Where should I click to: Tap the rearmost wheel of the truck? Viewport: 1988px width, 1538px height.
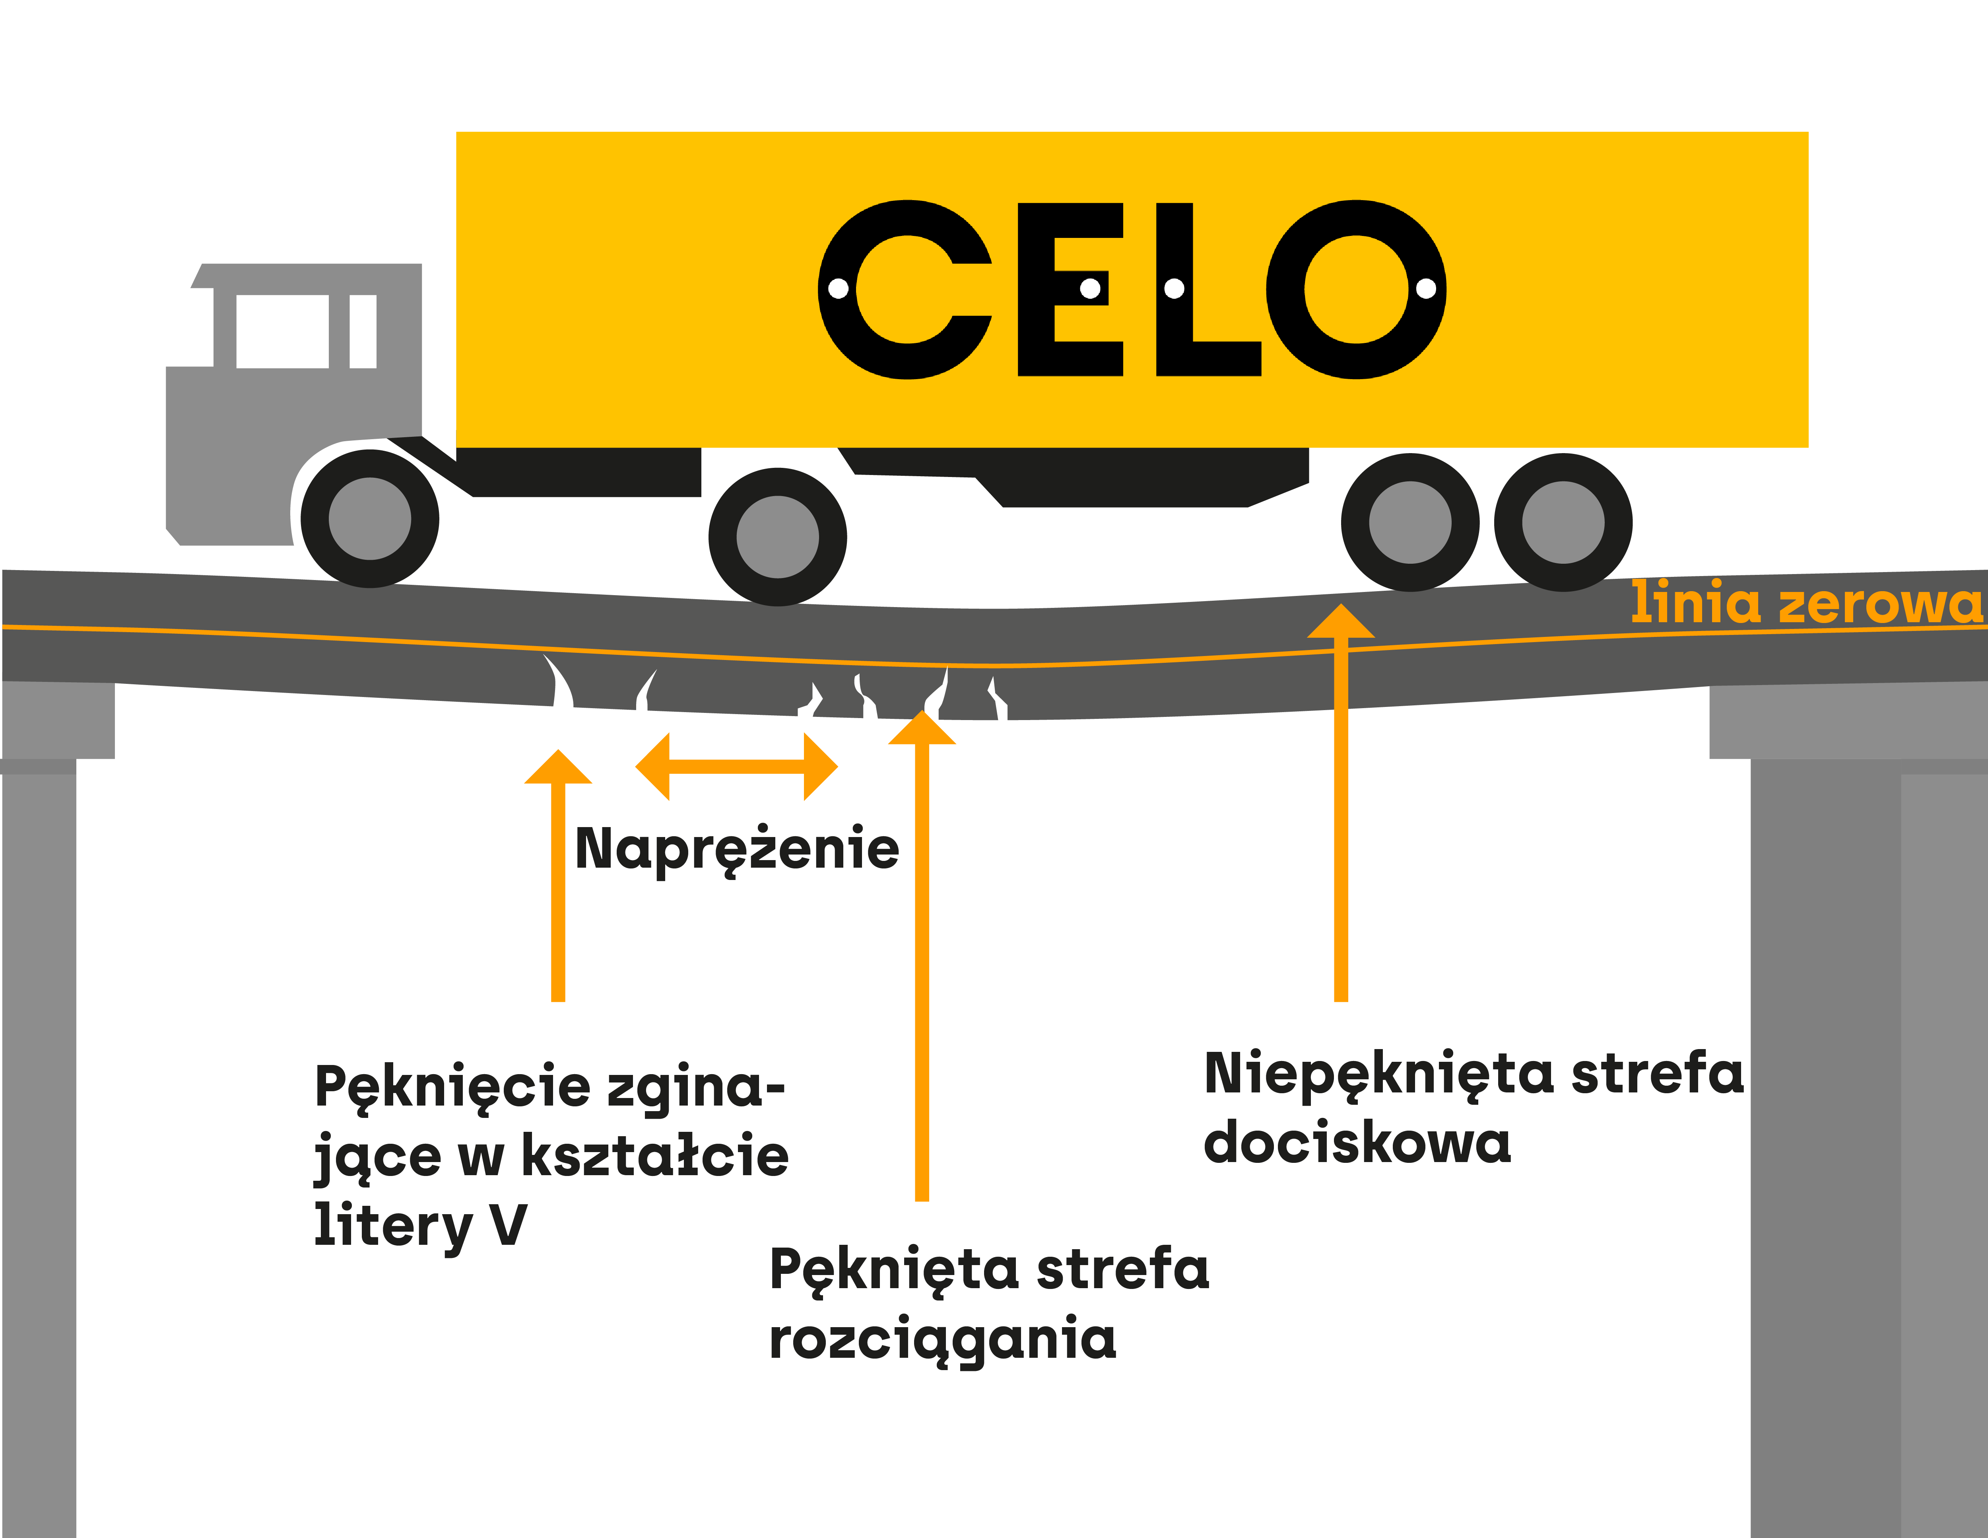(1563, 523)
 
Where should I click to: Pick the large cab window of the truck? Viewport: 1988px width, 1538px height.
(282, 331)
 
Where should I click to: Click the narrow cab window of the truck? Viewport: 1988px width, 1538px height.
(363, 331)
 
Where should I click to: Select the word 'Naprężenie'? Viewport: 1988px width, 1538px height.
(737, 849)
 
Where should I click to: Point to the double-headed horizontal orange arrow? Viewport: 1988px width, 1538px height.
(736, 767)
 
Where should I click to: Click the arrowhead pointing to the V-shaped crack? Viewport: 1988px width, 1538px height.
(558, 768)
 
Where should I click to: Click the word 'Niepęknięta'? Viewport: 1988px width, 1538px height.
(1379, 1075)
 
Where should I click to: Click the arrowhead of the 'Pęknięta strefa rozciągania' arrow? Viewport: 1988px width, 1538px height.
(921, 728)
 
